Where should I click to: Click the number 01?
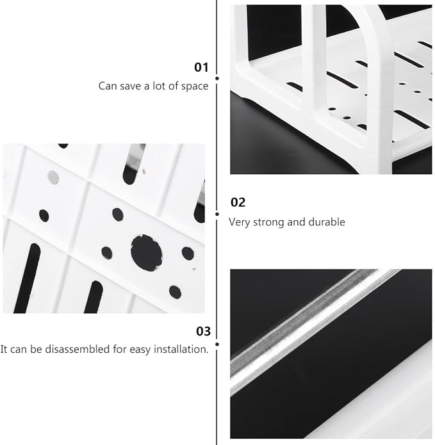coord(201,67)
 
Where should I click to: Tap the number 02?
coord(238,202)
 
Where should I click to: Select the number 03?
coord(203,331)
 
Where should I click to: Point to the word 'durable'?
coord(327,222)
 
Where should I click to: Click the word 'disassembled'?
coord(78,349)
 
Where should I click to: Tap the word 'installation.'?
coord(181,349)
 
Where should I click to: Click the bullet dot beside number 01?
coord(217,78)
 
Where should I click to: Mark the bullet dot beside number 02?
coord(217,214)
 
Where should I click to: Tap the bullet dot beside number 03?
coord(217,344)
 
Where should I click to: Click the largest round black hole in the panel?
coord(146,252)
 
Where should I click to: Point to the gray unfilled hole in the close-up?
coord(53,177)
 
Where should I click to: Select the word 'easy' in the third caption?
coord(140,350)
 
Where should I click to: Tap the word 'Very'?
coord(240,222)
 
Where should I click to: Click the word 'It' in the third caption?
coord(4,349)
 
